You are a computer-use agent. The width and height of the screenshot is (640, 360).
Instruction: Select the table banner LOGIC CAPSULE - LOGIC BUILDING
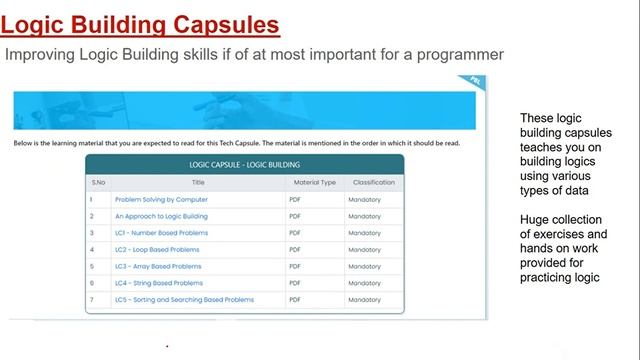click(x=245, y=164)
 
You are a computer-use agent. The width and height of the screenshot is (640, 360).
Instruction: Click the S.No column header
click(x=99, y=182)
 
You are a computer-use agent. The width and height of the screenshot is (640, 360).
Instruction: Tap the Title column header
click(x=198, y=182)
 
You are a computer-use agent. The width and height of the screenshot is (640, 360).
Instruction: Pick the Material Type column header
click(x=314, y=182)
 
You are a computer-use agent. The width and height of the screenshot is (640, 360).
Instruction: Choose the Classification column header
click(x=372, y=182)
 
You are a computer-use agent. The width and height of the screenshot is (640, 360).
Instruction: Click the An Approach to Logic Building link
click(x=161, y=216)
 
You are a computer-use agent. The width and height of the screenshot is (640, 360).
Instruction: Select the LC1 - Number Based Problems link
click(x=161, y=233)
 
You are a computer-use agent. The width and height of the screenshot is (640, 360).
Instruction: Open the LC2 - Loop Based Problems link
click(x=157, y=249)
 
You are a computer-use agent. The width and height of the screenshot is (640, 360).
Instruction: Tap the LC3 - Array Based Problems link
click(x=158, y=266)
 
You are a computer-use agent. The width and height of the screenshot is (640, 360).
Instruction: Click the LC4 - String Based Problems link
click(x=159, y=283)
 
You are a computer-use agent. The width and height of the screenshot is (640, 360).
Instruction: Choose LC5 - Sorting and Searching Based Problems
click(x=184, y=299)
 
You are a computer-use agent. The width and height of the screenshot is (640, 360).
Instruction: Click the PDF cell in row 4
click(x=295, y=249)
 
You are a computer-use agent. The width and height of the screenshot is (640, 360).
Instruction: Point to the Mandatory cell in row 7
click(x=364, y=299)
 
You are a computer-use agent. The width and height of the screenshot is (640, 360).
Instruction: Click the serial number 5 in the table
click(x=91, y=266)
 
